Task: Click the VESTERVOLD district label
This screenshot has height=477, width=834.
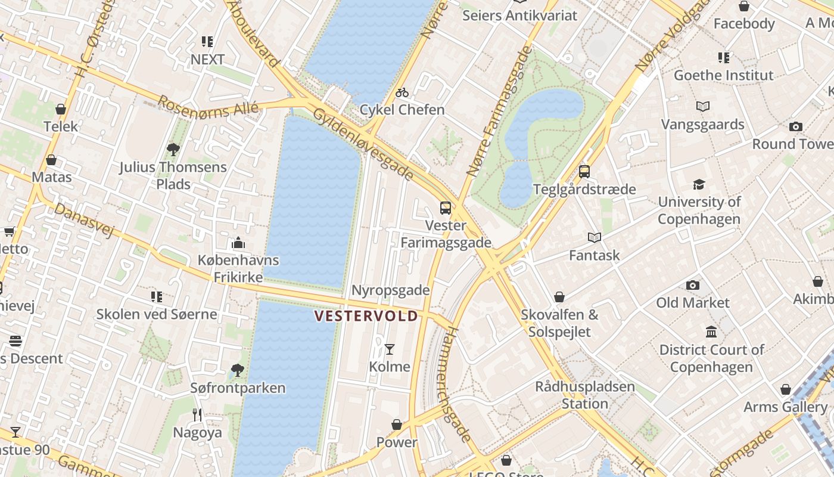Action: click(x=366, y=316)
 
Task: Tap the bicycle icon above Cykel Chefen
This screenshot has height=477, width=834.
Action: click(x=402, y=92)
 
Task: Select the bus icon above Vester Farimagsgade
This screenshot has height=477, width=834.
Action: click(x=446, y=208)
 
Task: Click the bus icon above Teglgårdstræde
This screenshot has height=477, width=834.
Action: click(x=584, y=172)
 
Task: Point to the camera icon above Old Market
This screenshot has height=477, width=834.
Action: click(x=692, y=285)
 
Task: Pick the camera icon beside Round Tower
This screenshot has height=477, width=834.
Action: click(x=795, y=126)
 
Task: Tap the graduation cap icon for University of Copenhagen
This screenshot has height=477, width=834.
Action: click(x=699, y=184)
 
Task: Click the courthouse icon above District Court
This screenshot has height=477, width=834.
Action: click(x=711, y=332)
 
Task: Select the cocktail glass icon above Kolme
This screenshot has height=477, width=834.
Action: click(x=390, y=349)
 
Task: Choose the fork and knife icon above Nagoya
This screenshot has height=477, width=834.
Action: click(x=198, y=414)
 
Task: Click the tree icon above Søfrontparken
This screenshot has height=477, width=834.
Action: click(x=238, y=370)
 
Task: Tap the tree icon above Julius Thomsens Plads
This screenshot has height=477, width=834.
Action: click(x=173, y=149)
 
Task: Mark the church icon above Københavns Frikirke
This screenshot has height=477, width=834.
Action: click(x=238, y=243)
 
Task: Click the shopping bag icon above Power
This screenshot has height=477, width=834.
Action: click(x=397, y=425)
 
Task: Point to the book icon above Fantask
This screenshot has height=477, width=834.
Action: click(x=594, y=237)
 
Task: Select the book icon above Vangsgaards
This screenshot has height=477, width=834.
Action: click(x=703, y=107)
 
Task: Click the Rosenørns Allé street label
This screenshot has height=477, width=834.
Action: click(x=207, y=109)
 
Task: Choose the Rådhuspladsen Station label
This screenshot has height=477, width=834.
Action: click(x=584, y=395)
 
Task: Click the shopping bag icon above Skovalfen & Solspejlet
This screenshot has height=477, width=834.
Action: click(x=559, y=297)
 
